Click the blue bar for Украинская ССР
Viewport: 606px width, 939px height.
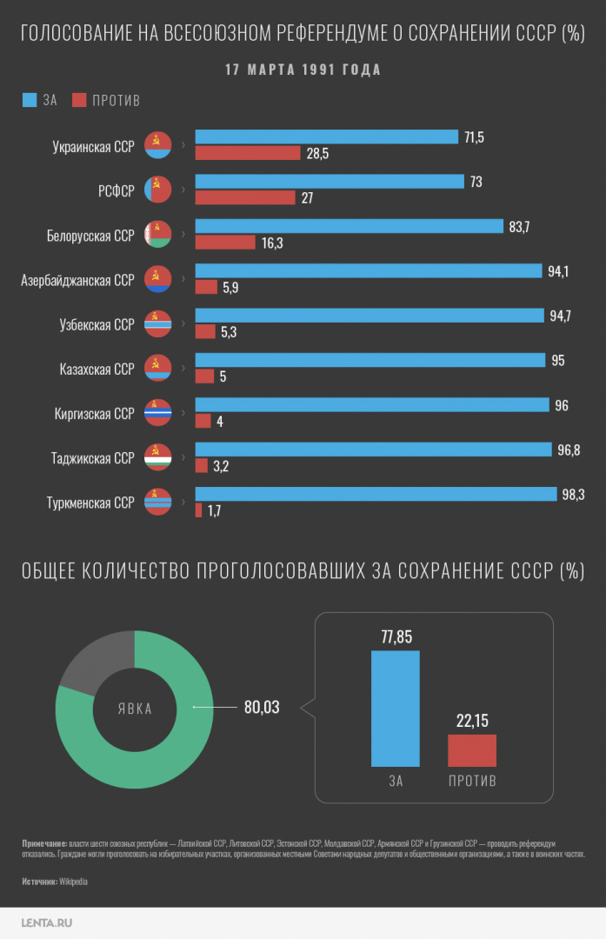[326, 137]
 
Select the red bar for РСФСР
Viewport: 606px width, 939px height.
[245, 197]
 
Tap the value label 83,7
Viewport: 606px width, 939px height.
[519, 227]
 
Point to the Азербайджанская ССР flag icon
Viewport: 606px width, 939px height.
[158, 280]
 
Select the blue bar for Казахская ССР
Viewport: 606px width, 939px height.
[370, 360]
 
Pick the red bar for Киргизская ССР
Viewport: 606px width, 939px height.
[203, 421]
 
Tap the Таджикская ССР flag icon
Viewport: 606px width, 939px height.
[158, 457]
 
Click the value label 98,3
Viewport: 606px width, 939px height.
[573, 494]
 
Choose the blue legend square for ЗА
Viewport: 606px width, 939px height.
[29, 100]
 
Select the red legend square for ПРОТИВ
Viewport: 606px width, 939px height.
[79, 100]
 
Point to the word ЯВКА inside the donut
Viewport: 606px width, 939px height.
[135, 709]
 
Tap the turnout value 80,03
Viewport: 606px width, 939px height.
[262, 708]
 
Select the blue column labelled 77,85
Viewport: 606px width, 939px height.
[396, 708]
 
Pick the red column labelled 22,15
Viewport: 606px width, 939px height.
[471, 749]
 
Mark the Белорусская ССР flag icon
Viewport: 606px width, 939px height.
[158, 235]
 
